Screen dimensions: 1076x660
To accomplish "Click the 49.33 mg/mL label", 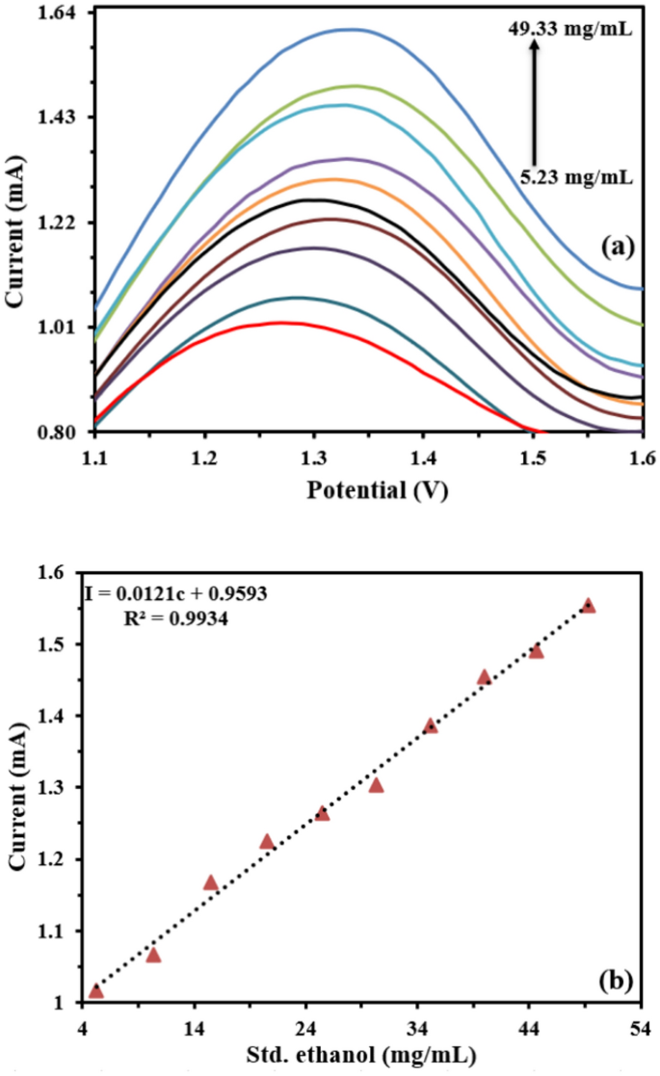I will point(570,30).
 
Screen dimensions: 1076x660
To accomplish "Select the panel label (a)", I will point(617,247).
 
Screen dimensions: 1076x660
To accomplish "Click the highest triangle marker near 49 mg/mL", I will point(588,605).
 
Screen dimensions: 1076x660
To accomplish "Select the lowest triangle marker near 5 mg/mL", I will point(95,991).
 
